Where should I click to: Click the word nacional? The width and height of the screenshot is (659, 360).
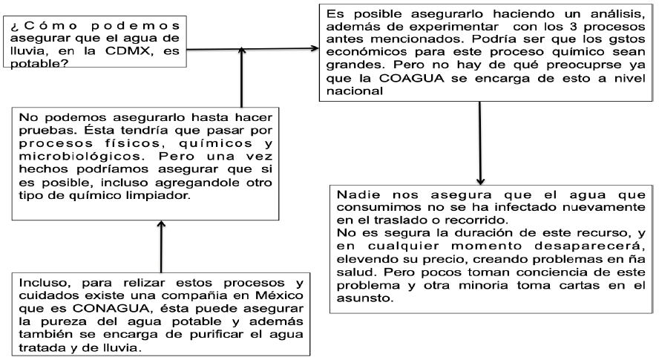coord(353,93)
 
